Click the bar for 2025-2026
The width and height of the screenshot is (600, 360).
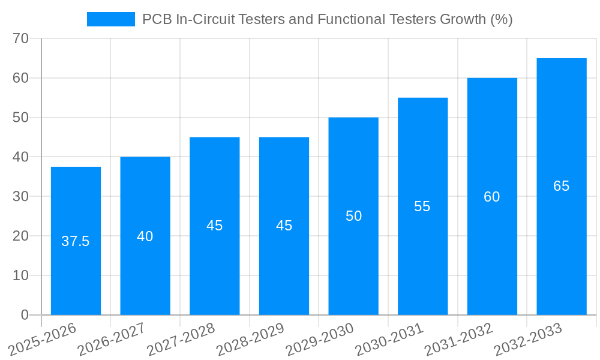click(76, 270)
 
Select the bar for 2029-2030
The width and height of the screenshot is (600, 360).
click(353, 258)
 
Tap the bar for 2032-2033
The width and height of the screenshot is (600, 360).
click(562, 240)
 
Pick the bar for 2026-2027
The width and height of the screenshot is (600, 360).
click(145, 270)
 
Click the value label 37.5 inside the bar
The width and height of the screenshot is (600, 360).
click(76, 241)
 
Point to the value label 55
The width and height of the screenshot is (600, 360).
click(422, 206)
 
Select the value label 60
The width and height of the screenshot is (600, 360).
click(492, 197)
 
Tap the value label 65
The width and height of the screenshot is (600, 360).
click(562, 186)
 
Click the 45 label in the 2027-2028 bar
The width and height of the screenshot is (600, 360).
click(215, 226)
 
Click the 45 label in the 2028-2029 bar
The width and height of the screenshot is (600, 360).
click(284, 226)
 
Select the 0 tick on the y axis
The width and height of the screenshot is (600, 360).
click(25, 315)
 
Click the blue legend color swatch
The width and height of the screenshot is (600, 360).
click(111, 19)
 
